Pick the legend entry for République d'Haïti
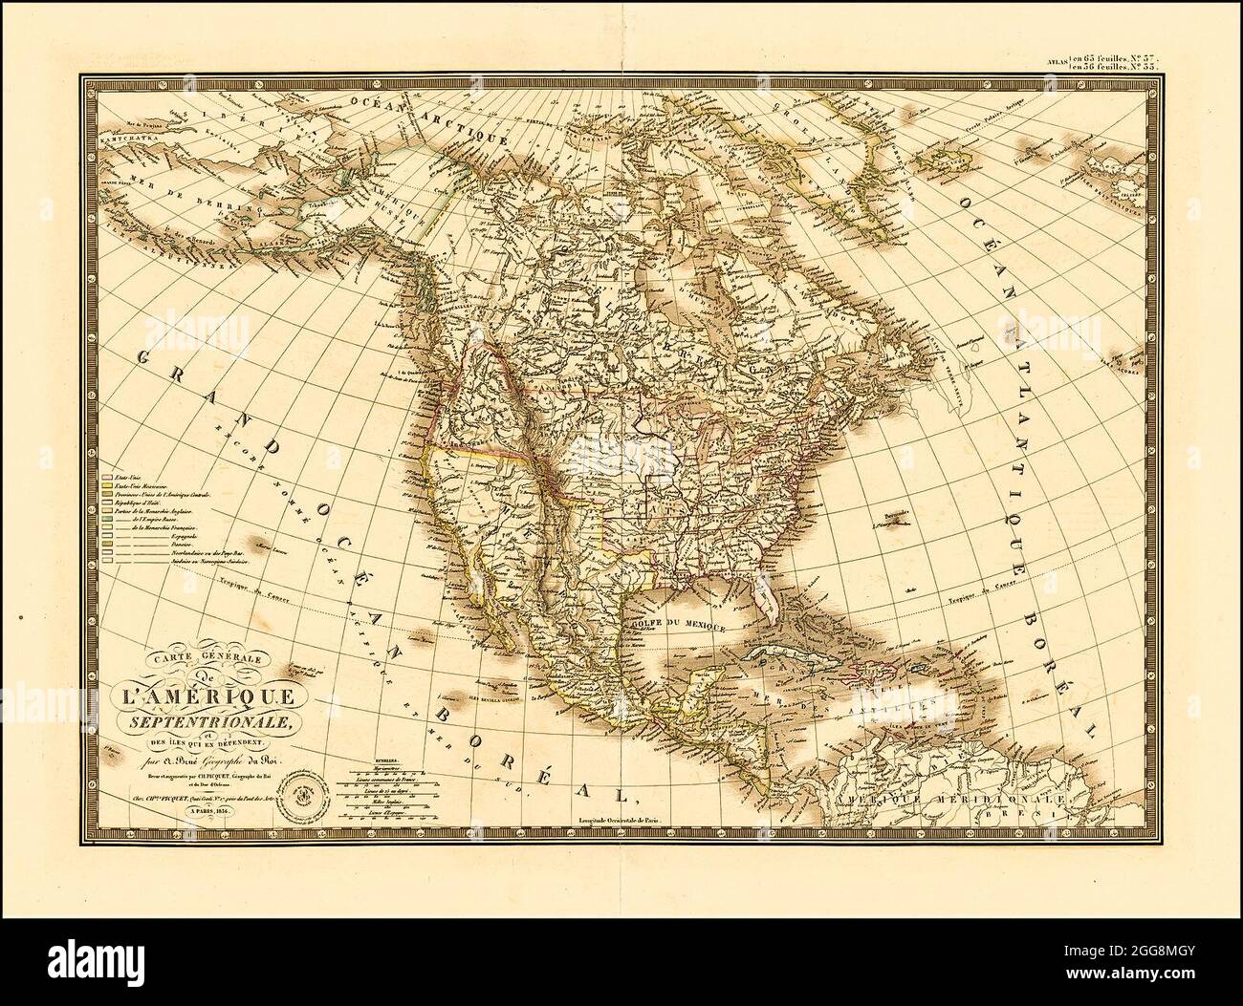143,502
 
